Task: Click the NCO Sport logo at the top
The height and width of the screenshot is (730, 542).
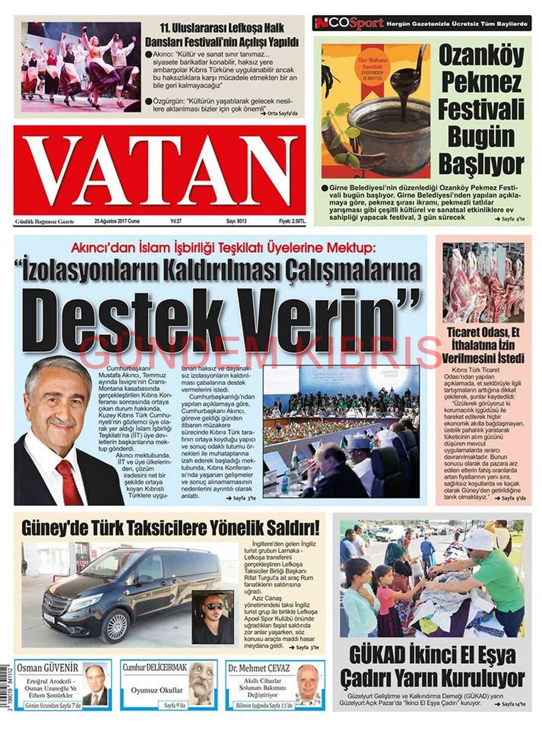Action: [349, 23]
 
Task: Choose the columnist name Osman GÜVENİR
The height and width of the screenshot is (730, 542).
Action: [48, 668]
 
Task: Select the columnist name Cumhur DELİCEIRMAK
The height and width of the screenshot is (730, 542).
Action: [155, 668]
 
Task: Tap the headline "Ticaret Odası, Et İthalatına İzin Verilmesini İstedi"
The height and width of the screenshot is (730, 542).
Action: [484, 346]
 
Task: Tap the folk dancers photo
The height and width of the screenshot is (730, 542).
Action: [82, 66]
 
